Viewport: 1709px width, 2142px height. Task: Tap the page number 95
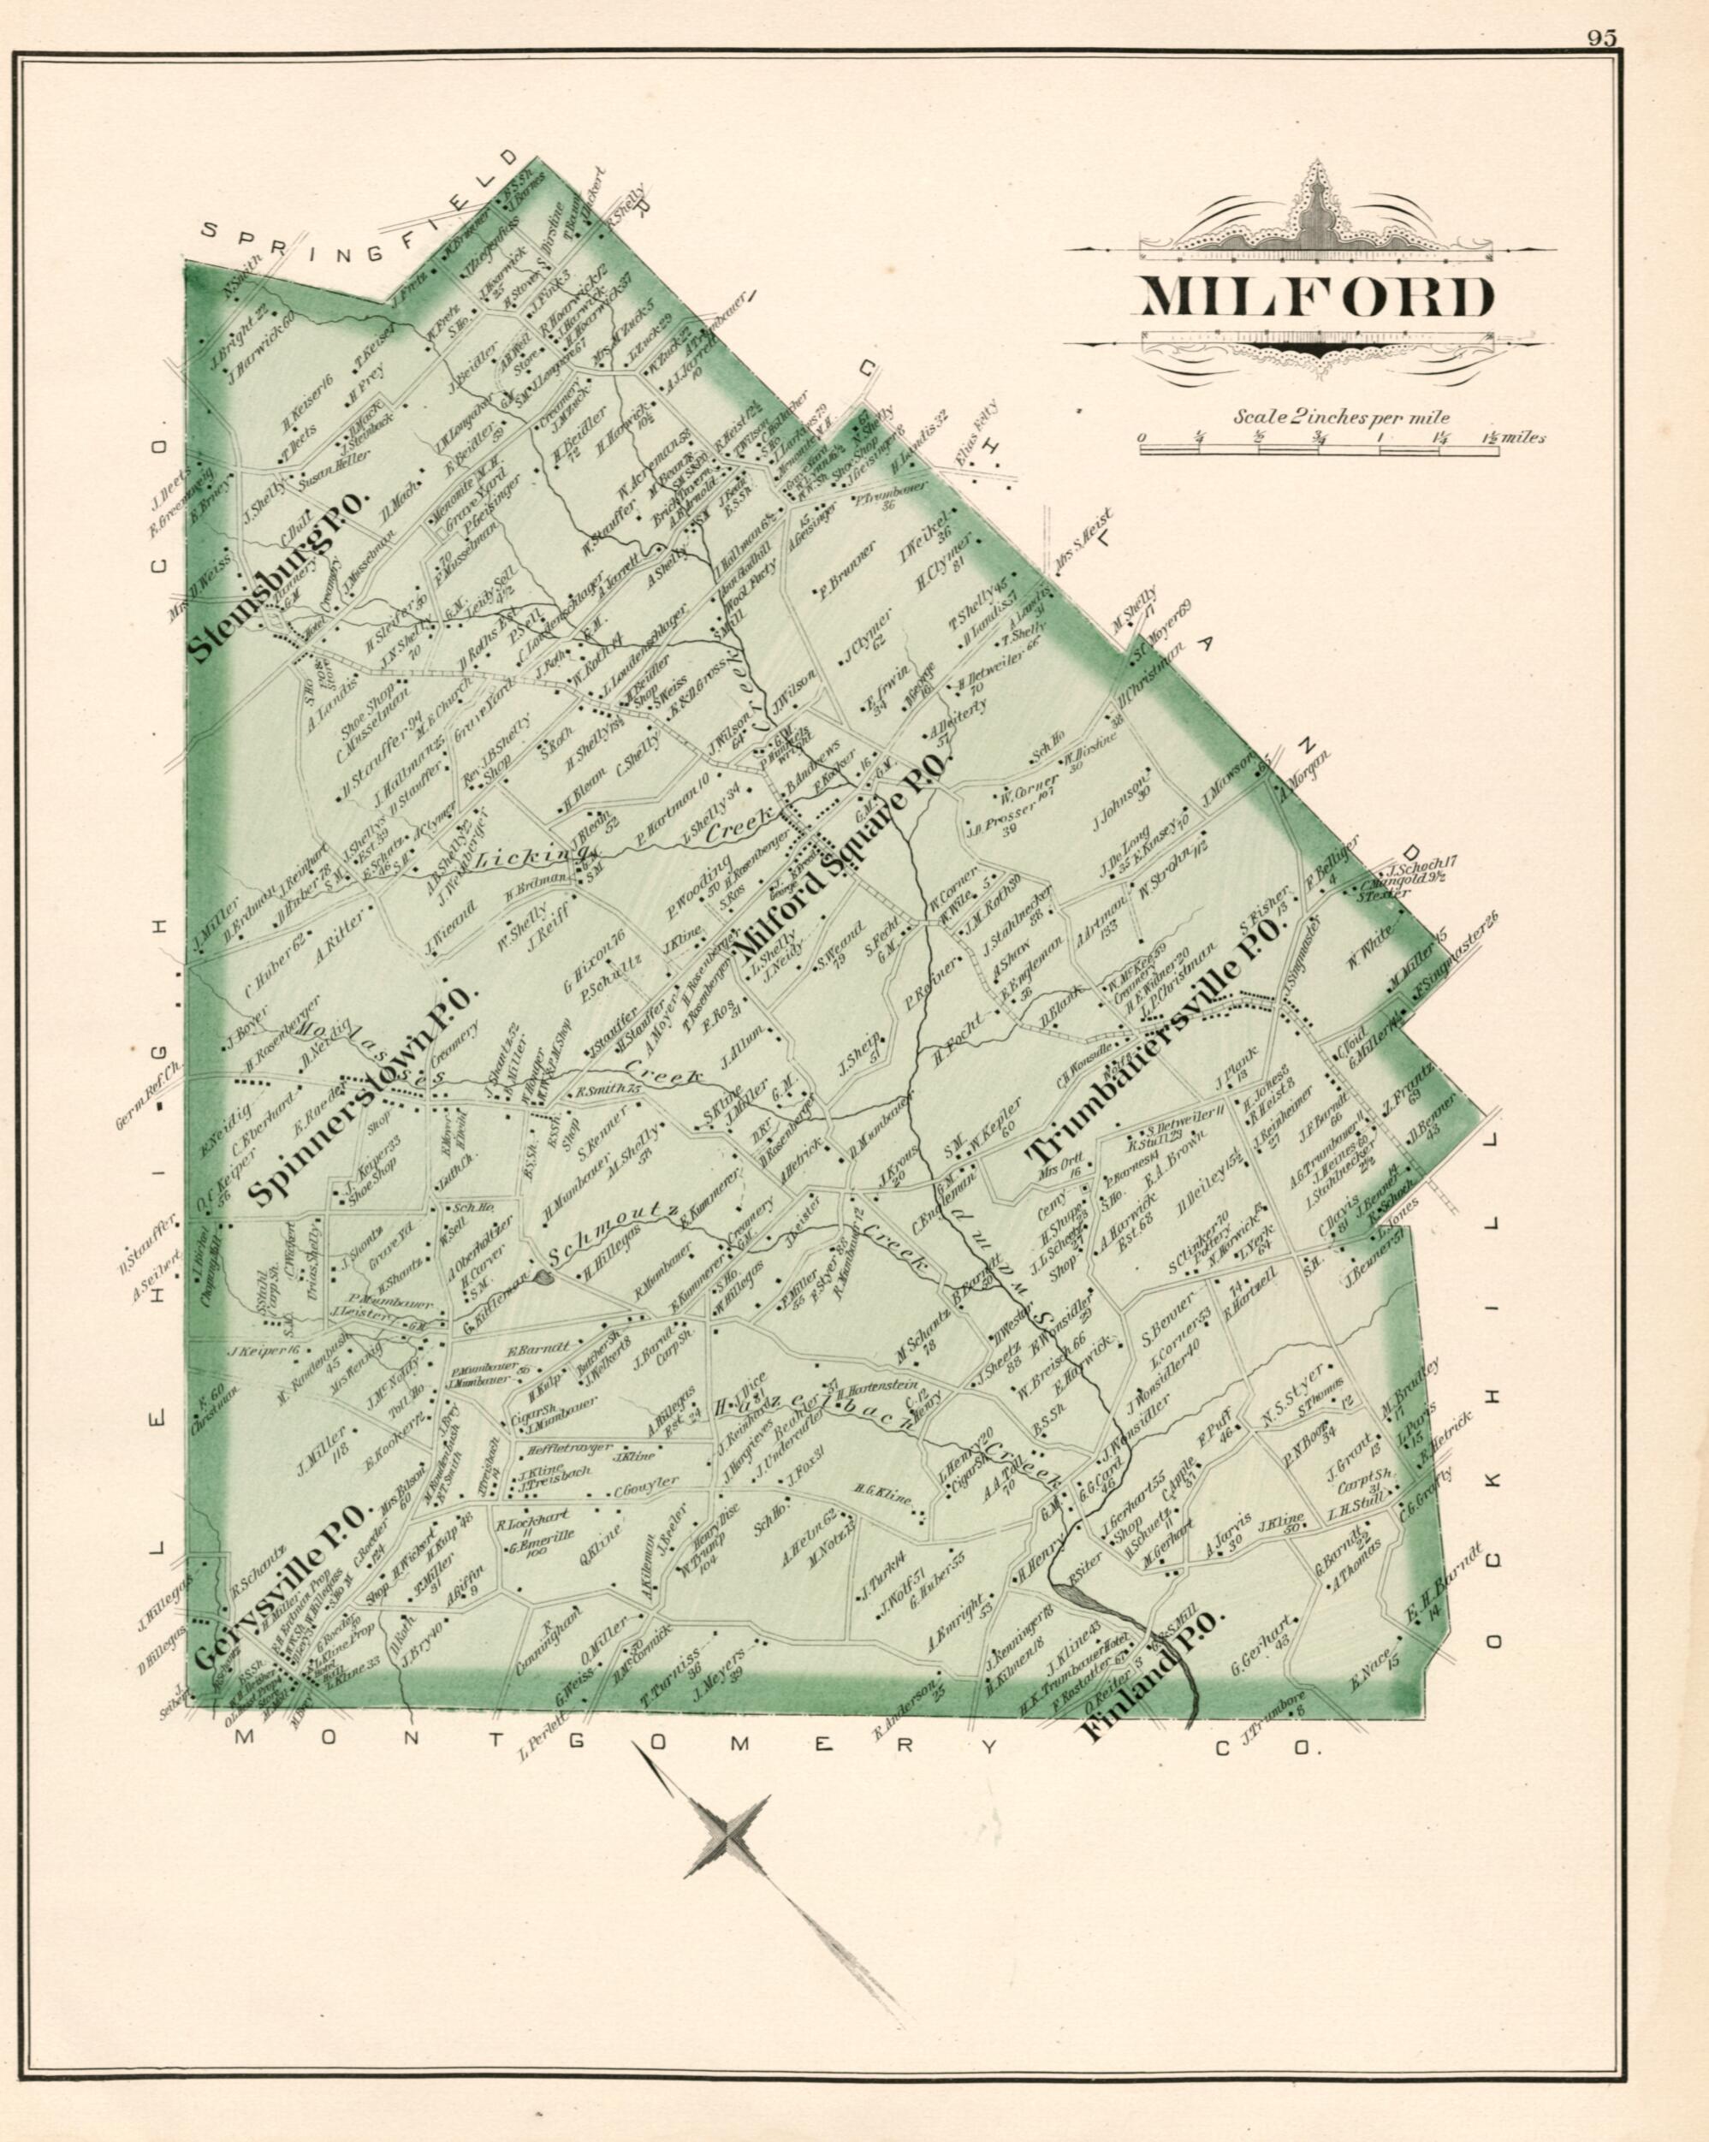pos(1600,39)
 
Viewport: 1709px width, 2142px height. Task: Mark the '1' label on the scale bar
pos(1380,438)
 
